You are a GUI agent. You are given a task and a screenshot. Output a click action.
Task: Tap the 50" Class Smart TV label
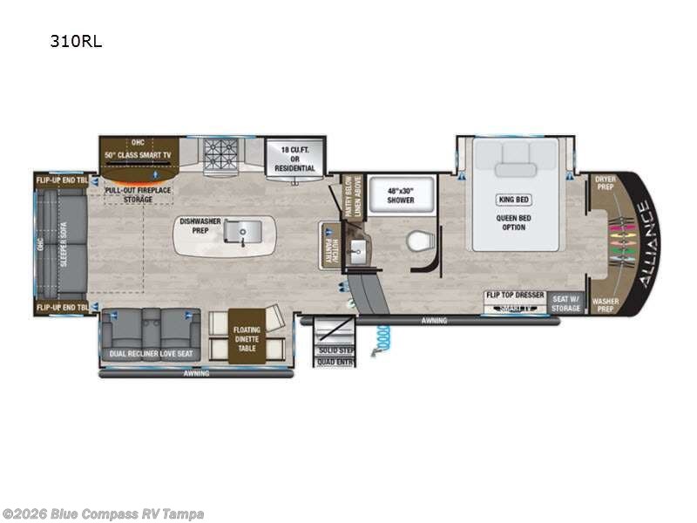pos(138,154)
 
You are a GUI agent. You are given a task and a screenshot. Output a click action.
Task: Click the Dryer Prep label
pos(605,183)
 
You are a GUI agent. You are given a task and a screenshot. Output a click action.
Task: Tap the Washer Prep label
pos(605,303)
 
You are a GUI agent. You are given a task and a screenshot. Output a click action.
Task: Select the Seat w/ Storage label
pos(565,302)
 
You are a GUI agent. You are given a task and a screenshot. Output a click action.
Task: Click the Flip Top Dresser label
pos(515,295)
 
